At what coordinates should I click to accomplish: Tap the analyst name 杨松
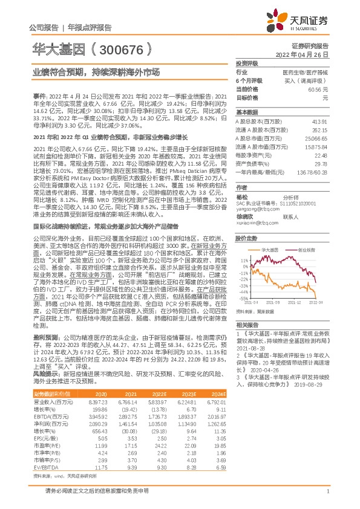(x=243, y=196)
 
